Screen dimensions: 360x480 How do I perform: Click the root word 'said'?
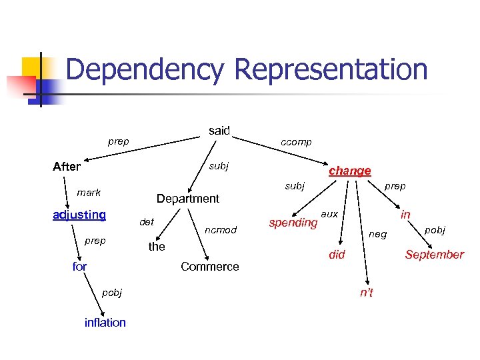219,131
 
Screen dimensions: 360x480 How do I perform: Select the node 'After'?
67,167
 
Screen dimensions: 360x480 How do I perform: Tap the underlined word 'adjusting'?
79,215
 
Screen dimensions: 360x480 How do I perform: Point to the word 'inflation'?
105,323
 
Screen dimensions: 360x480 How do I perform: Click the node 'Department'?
187,199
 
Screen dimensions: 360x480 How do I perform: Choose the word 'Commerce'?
209,267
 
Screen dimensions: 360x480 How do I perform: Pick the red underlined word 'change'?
350,171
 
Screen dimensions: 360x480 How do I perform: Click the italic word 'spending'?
293,222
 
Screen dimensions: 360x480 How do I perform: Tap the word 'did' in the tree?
337,255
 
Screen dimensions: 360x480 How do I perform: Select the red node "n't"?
367,293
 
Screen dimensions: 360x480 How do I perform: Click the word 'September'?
434,255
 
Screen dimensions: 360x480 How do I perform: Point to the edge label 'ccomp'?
296,142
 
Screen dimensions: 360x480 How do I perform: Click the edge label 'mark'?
89,193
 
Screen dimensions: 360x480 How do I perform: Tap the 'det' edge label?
146,222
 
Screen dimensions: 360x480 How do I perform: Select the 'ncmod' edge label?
221,230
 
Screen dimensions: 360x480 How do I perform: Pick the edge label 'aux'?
329,214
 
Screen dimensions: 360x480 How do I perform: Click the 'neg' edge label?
377,234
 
